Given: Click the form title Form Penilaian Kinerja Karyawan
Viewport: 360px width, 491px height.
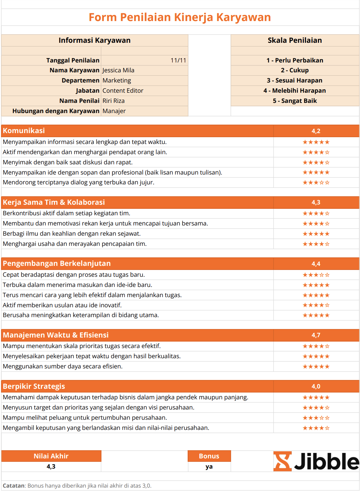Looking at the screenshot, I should click(x=180, y=17).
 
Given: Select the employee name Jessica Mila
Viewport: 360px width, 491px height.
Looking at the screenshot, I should click(x=118, y=70).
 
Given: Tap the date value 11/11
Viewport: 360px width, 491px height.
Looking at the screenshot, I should click(x=178, y=60).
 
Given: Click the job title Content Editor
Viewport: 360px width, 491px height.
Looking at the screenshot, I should click(x=123, y=91).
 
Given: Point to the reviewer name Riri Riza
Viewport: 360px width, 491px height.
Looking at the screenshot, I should click(x=114, y=101).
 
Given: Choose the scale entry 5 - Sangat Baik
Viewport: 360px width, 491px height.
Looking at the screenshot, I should click(x=295, y=101).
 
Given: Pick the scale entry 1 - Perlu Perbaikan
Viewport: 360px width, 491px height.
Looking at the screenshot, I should click(x=295, y=60).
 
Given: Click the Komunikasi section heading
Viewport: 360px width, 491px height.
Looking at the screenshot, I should click(x=24, y=131).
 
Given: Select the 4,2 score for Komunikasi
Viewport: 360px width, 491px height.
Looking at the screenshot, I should click(x=316, y=131).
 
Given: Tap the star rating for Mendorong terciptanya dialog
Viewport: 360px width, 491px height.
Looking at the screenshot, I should click(x=316, y=183).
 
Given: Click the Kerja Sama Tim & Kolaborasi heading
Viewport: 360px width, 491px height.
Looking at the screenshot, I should click(x=54, y=202).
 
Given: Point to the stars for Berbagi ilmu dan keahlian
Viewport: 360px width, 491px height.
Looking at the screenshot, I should click(x=316, y=234).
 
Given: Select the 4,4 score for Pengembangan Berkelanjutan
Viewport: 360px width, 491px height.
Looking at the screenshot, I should click(x=316, y=264).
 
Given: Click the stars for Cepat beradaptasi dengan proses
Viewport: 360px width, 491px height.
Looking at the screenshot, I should click(x=316, y=275).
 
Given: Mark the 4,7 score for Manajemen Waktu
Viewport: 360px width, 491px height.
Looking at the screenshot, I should click(x=316, y=335).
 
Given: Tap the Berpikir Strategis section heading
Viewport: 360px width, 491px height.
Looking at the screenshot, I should click(x=34, y=386).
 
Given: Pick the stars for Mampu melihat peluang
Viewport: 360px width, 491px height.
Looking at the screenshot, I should click(x=316, y=418).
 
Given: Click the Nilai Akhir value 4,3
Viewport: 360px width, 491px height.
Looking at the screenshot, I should click(x=51, y=467).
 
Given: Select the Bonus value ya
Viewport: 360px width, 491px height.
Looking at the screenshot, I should click(x=209, y=467).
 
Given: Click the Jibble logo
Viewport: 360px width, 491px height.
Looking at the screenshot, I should click(x=316, y=461).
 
